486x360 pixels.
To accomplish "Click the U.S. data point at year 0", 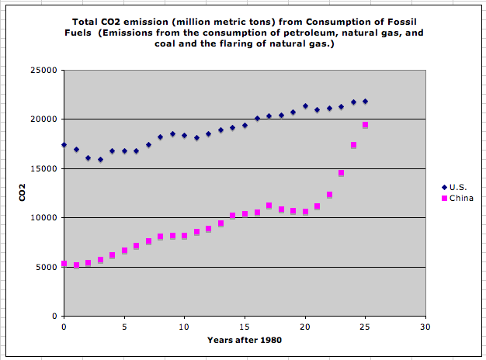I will tap(64, 145).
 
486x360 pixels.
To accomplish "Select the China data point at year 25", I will tap(366, 125).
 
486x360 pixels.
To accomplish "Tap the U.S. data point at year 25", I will tap(366, 102).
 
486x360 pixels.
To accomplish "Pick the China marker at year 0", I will tap(64, 264).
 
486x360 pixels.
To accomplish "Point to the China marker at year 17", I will tap(269, 206).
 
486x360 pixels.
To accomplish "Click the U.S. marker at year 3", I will tap(100, 160).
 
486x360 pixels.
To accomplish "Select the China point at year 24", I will tap(353, 145).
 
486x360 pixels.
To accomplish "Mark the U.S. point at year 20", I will tap(305, 106).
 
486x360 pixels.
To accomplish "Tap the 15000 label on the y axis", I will tap(47, 168).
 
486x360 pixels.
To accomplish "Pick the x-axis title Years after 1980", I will tap(244, 339).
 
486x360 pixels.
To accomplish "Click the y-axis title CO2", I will tap(23, 192).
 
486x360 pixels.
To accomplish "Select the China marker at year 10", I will tap(184, 235).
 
